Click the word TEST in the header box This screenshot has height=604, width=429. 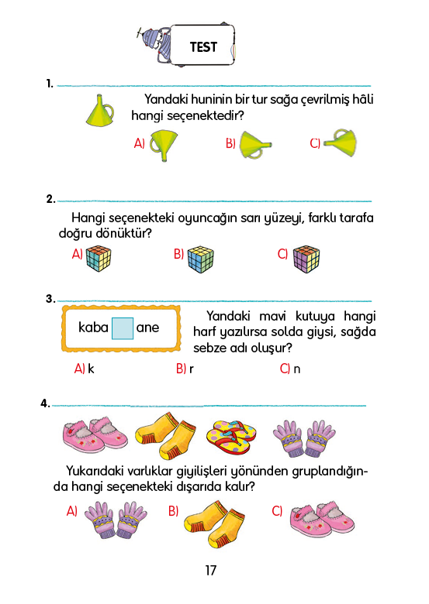pos(203,47)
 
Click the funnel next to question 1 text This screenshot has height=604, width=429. pos(100,110)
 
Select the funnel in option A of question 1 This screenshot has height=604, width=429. pos(164,146)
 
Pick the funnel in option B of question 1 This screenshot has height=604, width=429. pos(255,145)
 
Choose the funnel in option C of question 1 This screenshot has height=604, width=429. pos(340,142)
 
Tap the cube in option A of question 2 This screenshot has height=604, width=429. pos(99,259)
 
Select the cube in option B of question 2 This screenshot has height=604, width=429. pos(201,259)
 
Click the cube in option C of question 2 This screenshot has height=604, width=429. pos(306,259)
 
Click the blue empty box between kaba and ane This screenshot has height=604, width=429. pos(123,328)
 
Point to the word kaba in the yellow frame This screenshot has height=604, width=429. pos(93,328)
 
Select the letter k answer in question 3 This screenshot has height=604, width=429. pos(91,369)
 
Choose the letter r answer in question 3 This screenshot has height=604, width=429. pos(192,369)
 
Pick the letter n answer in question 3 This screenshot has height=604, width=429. pos(296,369)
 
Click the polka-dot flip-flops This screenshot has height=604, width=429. pos(231,437)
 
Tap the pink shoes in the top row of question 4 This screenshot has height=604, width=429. pos(95,434)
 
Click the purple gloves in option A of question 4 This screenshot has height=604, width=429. pos(116,520)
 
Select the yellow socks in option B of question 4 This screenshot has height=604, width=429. pos(214,524)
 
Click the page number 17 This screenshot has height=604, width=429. pos(211,571)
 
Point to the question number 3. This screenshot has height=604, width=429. pos(50,299)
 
